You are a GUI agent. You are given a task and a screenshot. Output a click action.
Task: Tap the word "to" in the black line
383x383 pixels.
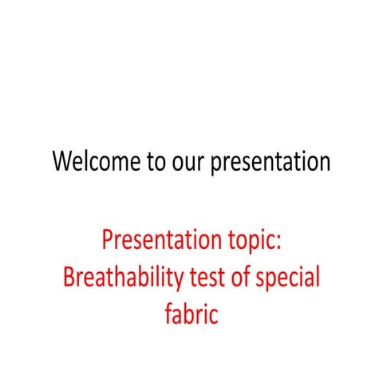tap(156, 162)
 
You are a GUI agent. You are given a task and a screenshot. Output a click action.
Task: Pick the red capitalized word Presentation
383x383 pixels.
tap(156, 240)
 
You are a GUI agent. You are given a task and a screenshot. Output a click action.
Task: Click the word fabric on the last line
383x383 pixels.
tap(191, 314)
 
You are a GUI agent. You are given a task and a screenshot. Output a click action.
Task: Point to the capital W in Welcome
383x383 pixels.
tap(64, 162)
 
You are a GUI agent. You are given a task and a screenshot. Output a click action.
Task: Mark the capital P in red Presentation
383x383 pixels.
tap(109, 240)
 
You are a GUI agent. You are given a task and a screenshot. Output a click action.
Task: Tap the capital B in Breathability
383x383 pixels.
tap(69, 277)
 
